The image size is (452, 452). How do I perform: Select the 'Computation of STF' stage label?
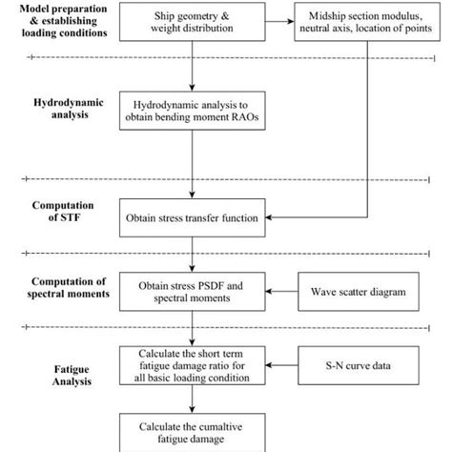pos(59,212)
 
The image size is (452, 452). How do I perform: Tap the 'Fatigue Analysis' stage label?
pos(59,365)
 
